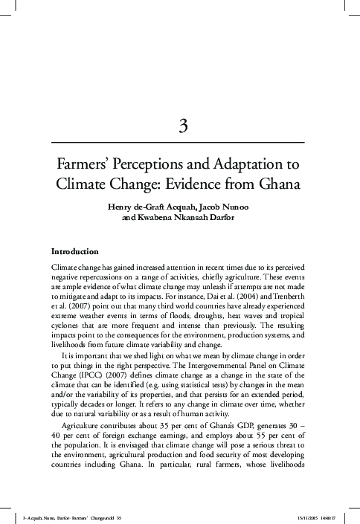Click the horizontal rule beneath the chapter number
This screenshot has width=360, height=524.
tap(181, 141)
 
